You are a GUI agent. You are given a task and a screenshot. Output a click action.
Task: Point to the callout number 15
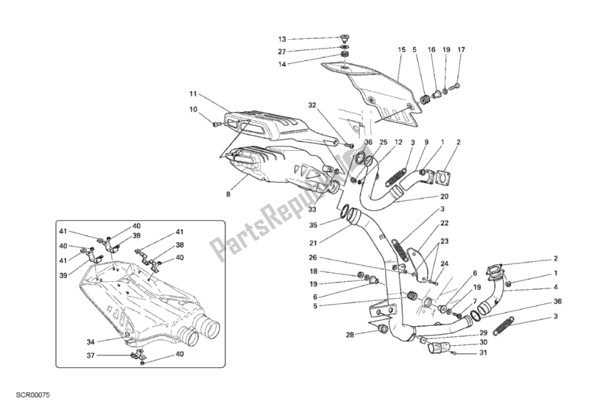coord(402,51)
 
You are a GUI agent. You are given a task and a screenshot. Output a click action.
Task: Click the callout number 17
coord(461,51)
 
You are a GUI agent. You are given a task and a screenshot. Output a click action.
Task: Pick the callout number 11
coord(191,94)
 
